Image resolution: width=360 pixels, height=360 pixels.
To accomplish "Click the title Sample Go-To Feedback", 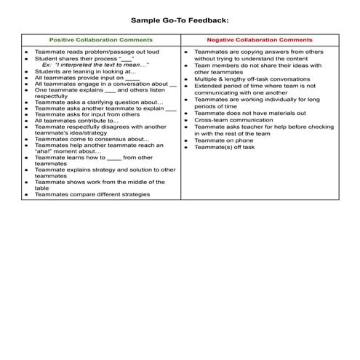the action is pyautogui.click(x=179, y=21).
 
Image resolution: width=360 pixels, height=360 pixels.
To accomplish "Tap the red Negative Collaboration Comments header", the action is pyautogui.click(x=259, y=40).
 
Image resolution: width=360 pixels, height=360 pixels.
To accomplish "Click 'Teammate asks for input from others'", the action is pyautogui.click(x=87, y=114).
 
